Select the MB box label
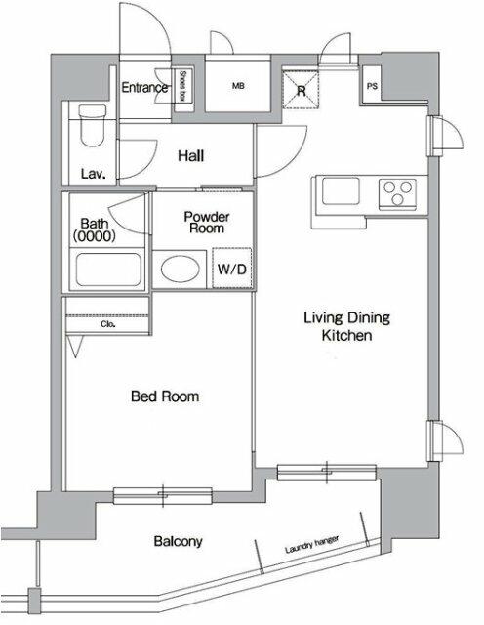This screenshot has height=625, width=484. click(237, 87)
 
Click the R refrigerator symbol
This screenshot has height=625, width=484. click(302, 90)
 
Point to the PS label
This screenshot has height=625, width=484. click(372, 85)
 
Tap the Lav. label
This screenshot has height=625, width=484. click(94, 174)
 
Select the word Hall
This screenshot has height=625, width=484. click(191, 154)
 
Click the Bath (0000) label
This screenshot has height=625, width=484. click(94, 229)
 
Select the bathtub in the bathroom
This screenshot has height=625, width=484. click(106, 269)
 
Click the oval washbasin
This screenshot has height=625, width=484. click(179, 269)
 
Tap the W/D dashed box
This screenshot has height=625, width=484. click(231, 269)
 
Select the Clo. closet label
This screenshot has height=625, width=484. click(108, 324)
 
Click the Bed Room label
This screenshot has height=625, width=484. click(165, 396)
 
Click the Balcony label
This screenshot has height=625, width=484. click(178, 540)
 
